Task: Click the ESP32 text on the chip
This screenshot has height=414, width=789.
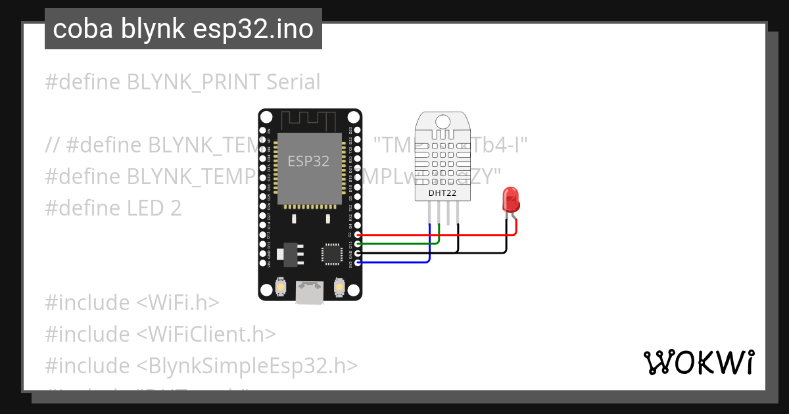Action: (x=308, y=160)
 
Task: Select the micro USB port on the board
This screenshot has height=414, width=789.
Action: (x=310, y=293)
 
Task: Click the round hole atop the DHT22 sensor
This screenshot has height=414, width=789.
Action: (x=441, y=121)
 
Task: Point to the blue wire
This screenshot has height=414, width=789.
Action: (x=394, y=262)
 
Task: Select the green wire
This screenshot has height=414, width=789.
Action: (x=394, y=243)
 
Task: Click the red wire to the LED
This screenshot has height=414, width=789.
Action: (x=434, y=234)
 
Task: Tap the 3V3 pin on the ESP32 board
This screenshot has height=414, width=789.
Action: (x=357, y=262)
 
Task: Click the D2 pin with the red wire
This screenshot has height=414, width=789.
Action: (x=357, y=234)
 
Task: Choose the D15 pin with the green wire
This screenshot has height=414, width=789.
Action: (x=357, y=243)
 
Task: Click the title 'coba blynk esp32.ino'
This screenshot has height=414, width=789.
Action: (x=183, y=29)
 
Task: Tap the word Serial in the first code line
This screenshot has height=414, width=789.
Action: (x=293, y=82)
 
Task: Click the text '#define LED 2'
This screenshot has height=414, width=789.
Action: (x=113, y=208)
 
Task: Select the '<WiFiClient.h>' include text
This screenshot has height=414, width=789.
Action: (x=206, y=334)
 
